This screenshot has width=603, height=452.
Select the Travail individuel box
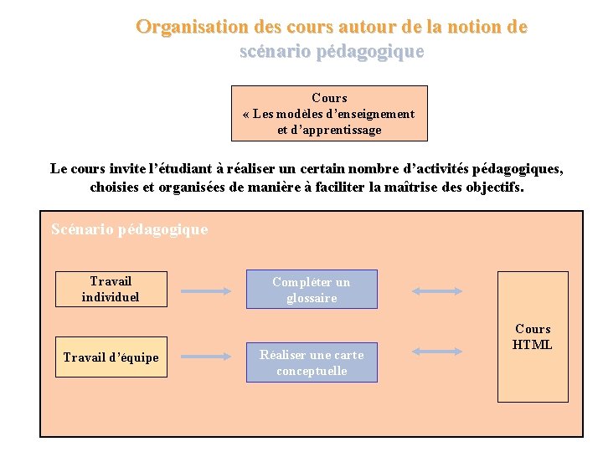(111, 289)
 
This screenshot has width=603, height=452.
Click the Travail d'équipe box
(111, 357)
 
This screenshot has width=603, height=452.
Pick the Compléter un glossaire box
(312, 290)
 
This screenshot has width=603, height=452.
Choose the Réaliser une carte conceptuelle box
(312, 362)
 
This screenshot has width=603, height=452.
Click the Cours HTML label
(533, 336)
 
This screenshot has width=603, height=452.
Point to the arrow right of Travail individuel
(206, 290)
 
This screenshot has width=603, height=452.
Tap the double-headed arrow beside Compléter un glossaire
(437, 290)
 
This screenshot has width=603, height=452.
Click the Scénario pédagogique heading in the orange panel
(129, 229)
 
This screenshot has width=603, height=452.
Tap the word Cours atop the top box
(329, 98)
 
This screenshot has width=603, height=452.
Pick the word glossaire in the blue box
(312, 298)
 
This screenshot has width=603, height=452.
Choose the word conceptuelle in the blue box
(312, 371)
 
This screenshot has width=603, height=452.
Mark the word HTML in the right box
(533, 345)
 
